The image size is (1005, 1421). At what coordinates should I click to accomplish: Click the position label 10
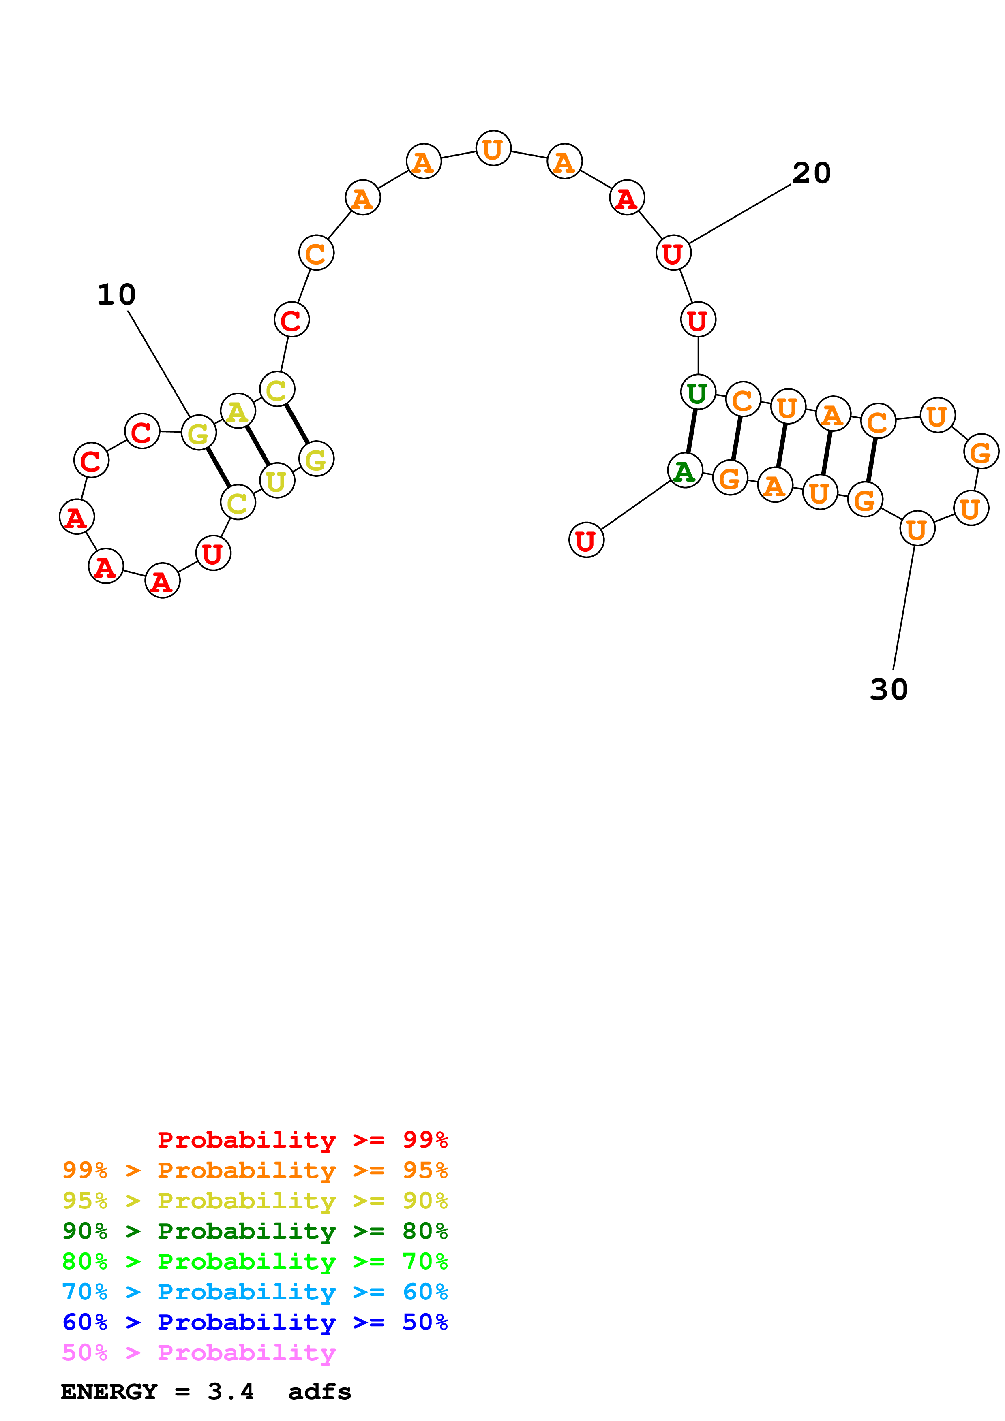coord(116,294)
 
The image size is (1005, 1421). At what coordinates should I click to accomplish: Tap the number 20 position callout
coord(811,173)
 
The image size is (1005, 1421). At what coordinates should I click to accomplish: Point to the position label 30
coord(889,689)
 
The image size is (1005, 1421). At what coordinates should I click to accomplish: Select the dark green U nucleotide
coord(698,393)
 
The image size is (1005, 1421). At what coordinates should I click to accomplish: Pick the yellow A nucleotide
coord(238,411)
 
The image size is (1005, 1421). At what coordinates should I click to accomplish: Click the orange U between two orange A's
coord(493,149)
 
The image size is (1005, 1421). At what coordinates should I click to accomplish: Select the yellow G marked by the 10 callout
coord(199,433)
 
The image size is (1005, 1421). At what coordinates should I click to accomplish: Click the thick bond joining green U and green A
coord(692,431)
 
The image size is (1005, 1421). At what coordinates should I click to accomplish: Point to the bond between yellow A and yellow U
coord(257,446)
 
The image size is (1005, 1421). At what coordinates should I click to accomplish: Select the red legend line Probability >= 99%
coord(302,1140)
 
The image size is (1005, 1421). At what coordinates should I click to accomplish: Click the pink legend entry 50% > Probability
coord(199,1353)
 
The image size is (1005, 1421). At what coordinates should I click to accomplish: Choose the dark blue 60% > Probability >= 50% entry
coord(255,1323)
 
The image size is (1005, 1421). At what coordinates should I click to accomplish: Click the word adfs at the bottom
coord(319,1392)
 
